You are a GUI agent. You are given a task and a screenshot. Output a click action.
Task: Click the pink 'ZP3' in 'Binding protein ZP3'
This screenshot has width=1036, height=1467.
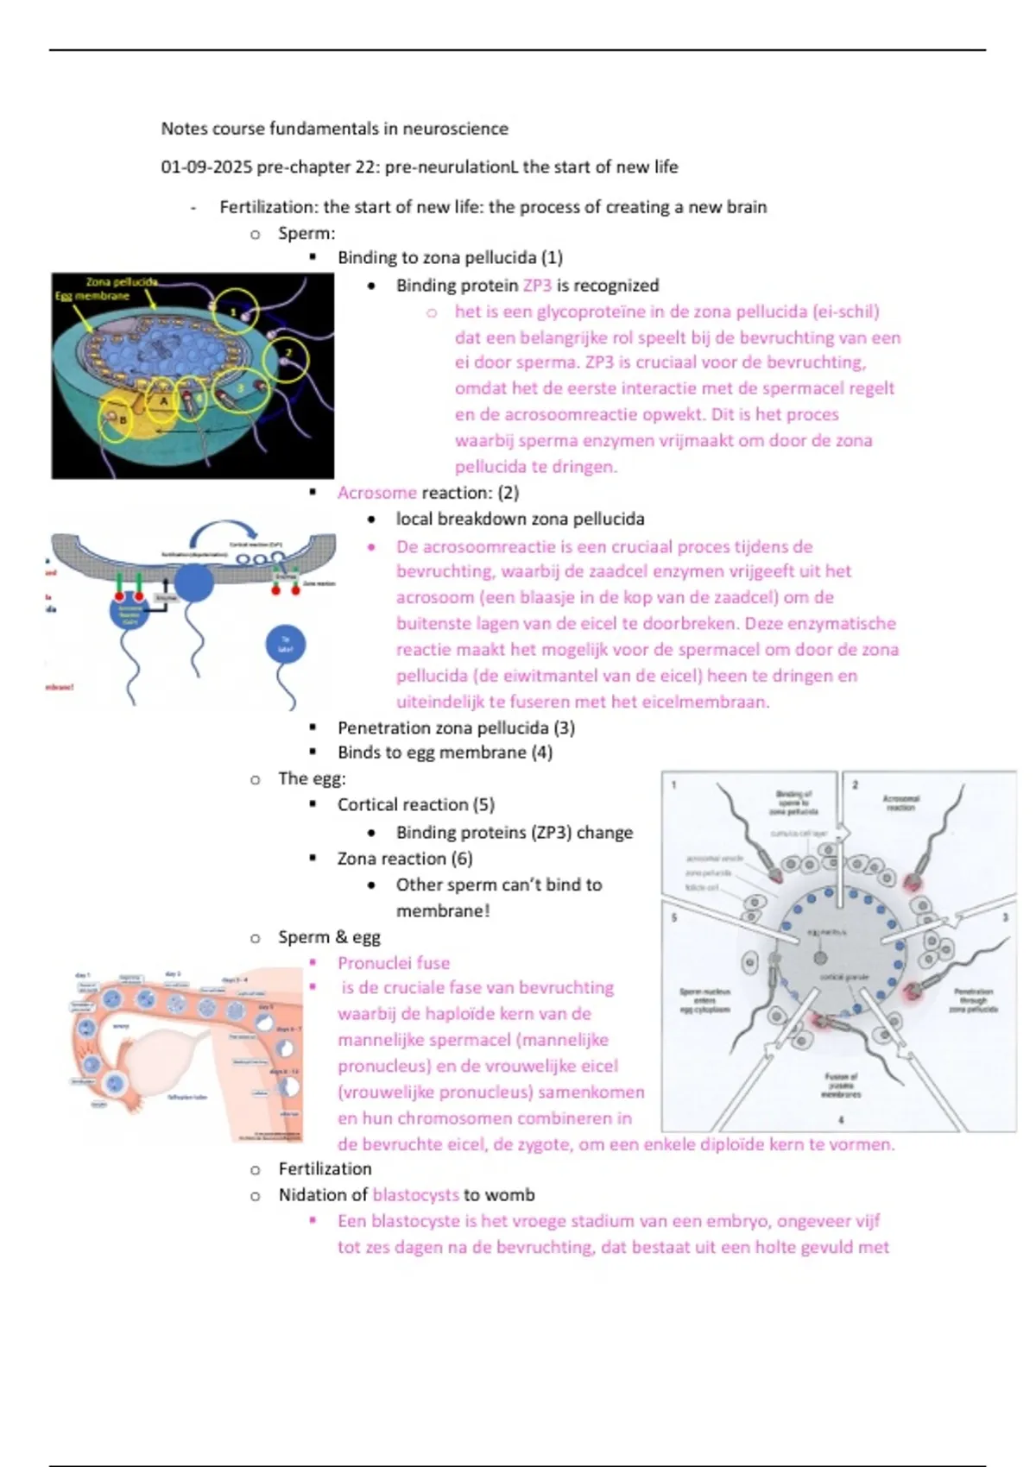(537, 285)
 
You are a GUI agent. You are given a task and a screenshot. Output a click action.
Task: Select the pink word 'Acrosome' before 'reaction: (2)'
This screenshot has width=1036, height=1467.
(377, 493)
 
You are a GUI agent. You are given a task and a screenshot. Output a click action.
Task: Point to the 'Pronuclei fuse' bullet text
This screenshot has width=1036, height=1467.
(394, 963)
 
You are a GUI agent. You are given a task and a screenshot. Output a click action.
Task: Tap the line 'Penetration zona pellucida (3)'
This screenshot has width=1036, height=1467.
(456, 727)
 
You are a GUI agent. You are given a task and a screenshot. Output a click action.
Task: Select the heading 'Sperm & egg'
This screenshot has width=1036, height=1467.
(329, 937)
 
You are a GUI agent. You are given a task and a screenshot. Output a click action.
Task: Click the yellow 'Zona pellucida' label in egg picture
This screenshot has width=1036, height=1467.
(122, 282)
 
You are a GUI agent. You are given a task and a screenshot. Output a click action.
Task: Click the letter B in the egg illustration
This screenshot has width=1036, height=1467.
(123, 420)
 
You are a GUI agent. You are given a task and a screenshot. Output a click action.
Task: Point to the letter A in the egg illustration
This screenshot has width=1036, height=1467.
(163, 401)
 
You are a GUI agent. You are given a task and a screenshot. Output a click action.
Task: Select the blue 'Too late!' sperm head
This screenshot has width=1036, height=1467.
(286, 645)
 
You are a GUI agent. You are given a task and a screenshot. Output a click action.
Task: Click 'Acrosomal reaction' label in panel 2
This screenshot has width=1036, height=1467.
(900, 802)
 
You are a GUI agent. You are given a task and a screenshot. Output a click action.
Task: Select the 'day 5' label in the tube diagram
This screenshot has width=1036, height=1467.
(265, 1007)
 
